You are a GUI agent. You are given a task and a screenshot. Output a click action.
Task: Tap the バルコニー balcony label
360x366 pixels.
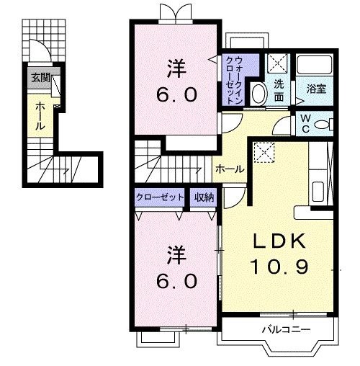pyautogui.click(x=286, y=330)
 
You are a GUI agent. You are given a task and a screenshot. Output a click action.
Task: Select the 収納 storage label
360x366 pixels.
pyautogui.click(x=203, y=197)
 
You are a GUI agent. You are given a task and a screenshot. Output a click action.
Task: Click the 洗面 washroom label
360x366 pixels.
pyautogui.click(x=278, y=89)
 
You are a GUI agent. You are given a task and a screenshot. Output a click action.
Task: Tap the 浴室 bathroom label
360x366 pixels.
pyautogui.click(x=316, y=89)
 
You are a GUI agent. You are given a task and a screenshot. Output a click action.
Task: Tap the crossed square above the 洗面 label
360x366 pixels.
pyautogui.click(x=276, y=63)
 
